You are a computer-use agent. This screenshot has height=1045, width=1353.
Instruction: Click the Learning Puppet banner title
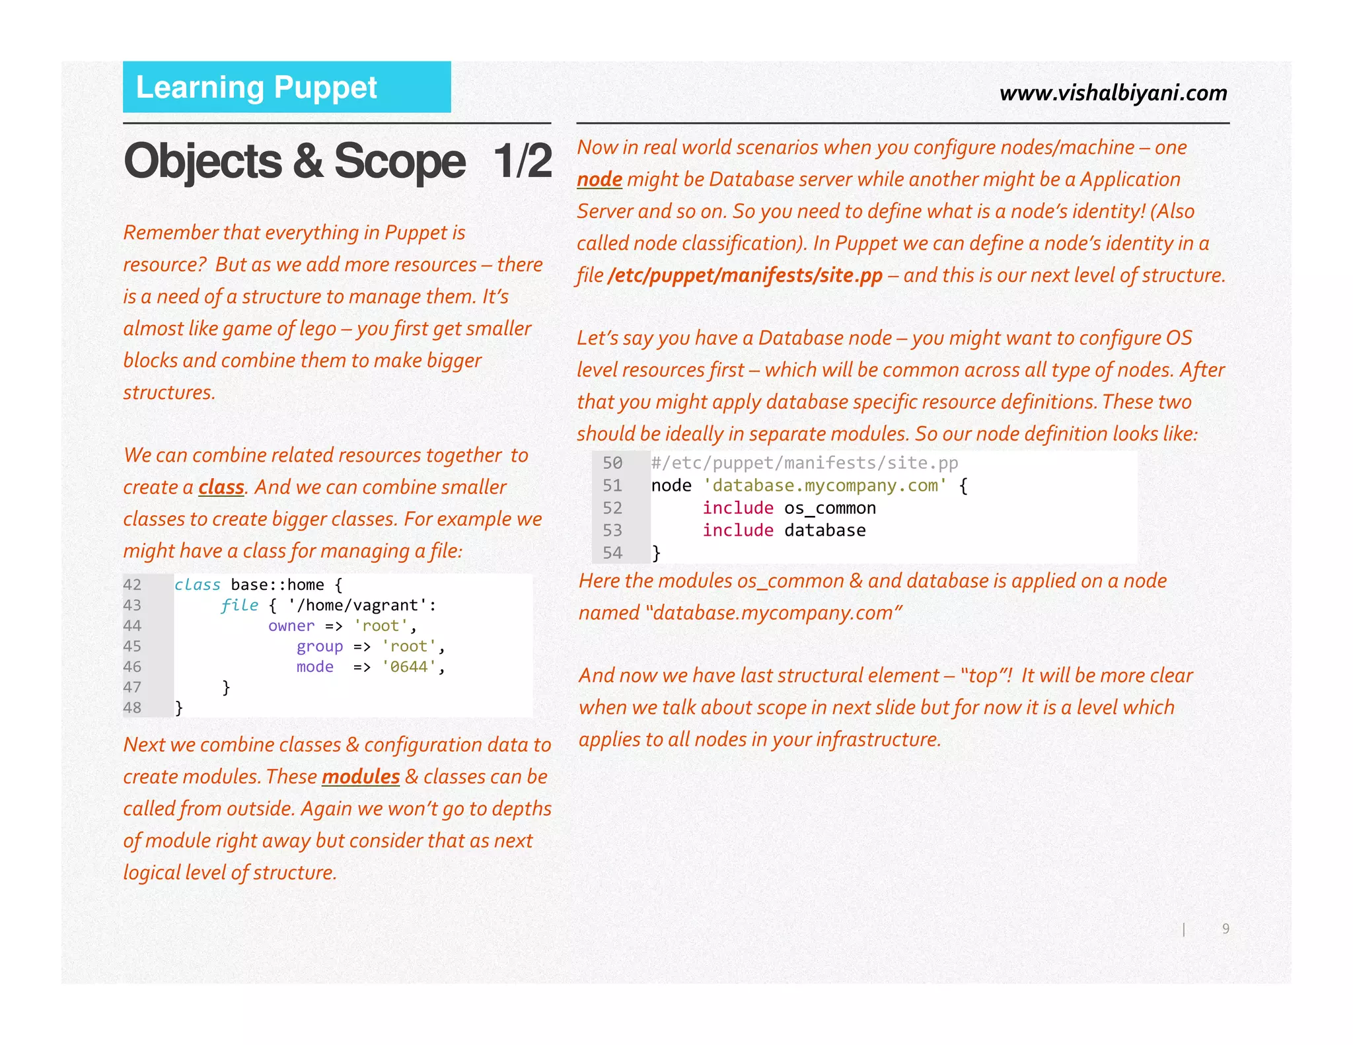256,88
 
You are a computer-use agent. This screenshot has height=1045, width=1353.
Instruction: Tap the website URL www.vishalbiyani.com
1113,93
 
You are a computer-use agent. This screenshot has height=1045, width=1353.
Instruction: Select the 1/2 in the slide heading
523,161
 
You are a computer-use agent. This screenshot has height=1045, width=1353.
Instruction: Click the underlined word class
221,487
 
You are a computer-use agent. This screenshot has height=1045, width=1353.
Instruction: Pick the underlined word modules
361,777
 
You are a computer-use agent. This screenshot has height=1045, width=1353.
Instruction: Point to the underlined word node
599,180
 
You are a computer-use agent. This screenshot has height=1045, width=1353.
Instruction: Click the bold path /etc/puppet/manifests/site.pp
745,275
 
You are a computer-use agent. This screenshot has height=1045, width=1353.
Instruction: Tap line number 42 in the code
132,585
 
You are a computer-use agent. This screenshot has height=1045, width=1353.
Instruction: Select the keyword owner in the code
291,626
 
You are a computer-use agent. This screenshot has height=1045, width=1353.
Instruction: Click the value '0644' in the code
409,667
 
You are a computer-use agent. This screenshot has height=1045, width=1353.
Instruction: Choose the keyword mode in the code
315,667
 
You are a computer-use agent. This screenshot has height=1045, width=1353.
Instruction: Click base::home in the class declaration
277,585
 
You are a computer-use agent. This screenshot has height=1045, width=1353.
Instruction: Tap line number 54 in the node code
612,553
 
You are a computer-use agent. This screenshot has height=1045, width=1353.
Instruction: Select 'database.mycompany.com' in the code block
825,486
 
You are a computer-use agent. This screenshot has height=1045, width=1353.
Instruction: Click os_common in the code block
830,508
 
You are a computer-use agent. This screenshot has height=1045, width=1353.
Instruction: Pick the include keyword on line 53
738,530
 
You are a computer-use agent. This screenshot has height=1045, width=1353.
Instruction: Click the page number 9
1225,929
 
